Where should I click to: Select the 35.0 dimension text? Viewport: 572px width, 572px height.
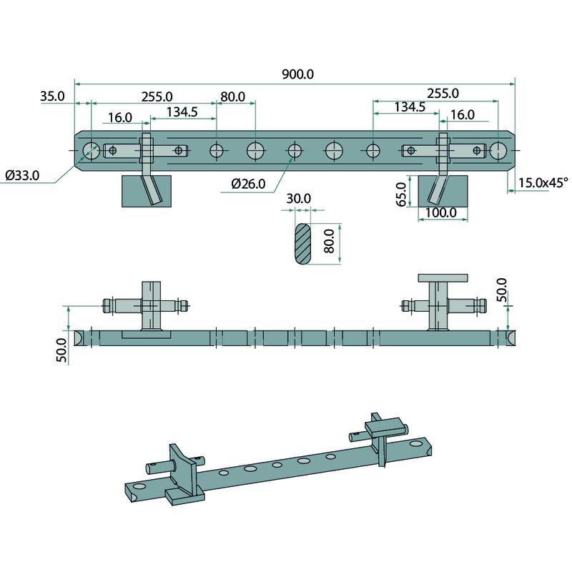(x=53, y=96)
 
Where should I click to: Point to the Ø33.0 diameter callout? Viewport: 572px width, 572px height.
(x=22, y=174)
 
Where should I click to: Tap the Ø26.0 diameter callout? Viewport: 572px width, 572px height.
(x=248, y=184)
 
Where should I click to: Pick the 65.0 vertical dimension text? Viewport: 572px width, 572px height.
(x=402, y=194)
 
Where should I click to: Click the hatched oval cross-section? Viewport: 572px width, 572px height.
(x=302, y=244)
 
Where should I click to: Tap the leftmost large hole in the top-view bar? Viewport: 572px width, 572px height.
(x=91, y=151)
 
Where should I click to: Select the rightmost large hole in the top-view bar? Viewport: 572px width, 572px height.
(x=499, y=150)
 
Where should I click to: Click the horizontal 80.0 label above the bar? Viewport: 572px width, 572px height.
(x=232, y=97)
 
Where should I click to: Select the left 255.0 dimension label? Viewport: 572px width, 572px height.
(x=157, y=96)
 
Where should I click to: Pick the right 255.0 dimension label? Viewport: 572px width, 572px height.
(x=442, y=93)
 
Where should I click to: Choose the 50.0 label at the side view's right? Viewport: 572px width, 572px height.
(x=501, y=289)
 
